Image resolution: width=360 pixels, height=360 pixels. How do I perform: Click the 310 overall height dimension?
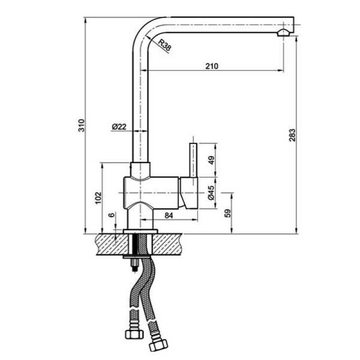click(x=82, y=126)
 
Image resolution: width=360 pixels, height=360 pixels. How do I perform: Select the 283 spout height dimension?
click(x=292, y=135)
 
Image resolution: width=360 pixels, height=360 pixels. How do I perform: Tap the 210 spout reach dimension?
click(x=211, y=66)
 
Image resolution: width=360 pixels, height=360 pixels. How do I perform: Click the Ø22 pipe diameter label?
click(x=119, y=126)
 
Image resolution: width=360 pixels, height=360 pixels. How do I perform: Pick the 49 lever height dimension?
click(x=211, y=160)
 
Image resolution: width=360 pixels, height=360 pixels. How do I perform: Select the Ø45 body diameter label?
click(x=211, y=193)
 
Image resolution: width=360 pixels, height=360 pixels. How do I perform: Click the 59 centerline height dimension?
click(x=227, y=213)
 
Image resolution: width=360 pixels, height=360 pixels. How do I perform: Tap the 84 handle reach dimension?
click(x=169, y=216)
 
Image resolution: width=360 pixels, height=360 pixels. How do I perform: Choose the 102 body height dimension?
click(x=98, y=198)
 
